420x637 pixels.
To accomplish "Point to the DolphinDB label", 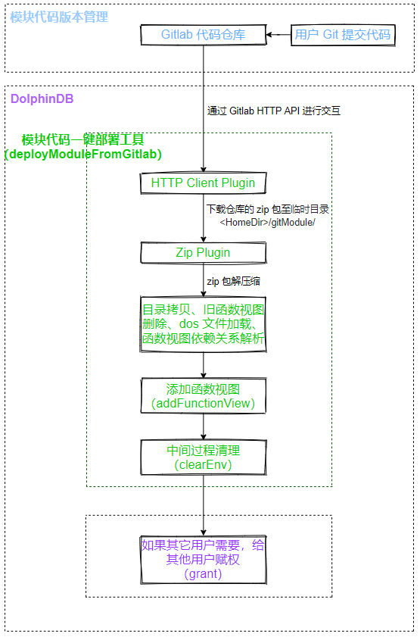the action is coord(42,98).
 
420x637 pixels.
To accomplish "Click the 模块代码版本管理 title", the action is coord(59,17).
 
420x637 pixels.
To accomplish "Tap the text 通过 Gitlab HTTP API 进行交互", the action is coord(274,111).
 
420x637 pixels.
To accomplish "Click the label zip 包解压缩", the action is coord(234,281).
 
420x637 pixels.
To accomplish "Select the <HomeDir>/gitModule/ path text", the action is coord(267,223).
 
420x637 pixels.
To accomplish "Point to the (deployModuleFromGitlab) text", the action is coord(83,155).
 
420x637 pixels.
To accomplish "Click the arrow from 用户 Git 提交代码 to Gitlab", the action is coord(278,35).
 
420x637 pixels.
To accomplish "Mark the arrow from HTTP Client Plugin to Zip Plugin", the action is coord(204,218).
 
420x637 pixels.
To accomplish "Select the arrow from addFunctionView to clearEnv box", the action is coord(204,426).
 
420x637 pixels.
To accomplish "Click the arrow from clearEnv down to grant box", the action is coord(204,505).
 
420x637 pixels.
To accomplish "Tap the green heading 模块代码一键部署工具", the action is coord(82,140).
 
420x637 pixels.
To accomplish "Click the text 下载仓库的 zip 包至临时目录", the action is coord(268,210).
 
